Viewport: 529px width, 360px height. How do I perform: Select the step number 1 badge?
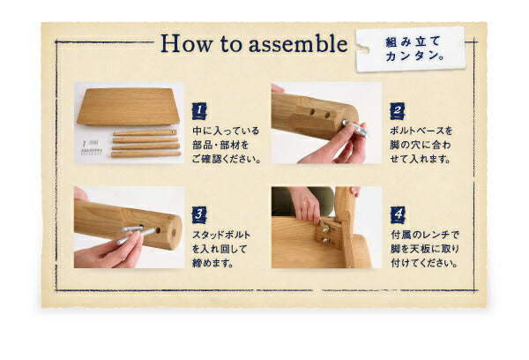tap(199, 110)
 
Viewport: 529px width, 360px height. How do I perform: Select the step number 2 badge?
tap(397, 111)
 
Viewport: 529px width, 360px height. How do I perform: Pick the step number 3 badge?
tap(199, 214)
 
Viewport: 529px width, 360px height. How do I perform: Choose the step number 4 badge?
tap(397, 214)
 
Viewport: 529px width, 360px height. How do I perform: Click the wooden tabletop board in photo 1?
tap(128, 105)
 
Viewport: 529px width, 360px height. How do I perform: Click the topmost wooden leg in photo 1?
tap(144, 133)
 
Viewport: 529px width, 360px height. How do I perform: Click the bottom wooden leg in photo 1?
tap(144, 154)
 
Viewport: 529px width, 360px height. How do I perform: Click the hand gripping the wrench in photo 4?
tap(303, 206)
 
